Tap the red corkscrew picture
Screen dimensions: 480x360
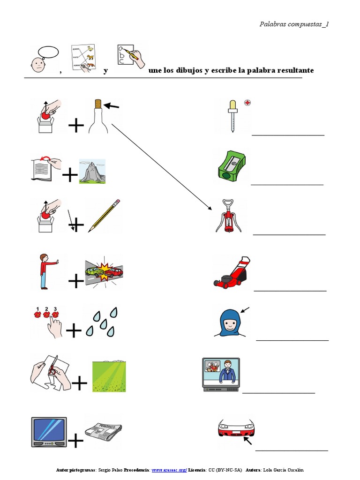228,216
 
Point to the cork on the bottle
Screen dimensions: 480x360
98,104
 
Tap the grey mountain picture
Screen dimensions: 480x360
92,172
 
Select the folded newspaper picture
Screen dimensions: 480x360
103,429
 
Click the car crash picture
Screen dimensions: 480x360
104,271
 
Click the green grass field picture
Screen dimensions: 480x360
109,376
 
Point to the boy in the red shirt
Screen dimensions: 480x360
45,271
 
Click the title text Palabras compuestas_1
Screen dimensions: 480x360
294,24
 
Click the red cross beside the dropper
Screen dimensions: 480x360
247,102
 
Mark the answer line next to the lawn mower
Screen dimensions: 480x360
290,291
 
